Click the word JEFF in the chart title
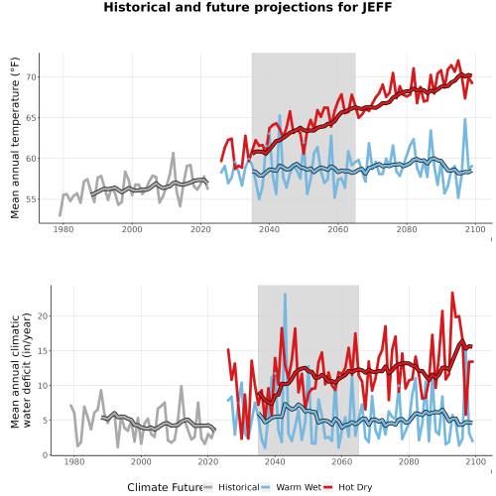click(x=377, y=7)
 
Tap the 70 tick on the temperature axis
click(x=31, y=77)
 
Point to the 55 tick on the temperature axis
click(x=31, y=199)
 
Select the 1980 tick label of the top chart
click(x=63, y=229)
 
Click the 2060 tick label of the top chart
click(x=338, y=229)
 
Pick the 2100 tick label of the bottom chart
click(x=475, y=461)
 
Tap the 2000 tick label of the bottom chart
click(x=141, y=461)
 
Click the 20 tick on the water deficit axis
click(x=43, y=316)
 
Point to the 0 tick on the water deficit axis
click(x=46, y=455)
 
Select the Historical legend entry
click(x=231, y=487)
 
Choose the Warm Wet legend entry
click(x=291, y=487)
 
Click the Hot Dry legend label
click(x=355, y=487)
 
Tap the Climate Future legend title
click(x=165, y=487)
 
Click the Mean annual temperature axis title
click(x=15, y=138)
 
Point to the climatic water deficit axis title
click(x=21, y=370)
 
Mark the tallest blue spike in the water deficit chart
click(x=285, y=294)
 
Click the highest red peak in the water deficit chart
click(x=452, y=293)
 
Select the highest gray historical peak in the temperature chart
click(x=173, y=153)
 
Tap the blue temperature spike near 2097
click(x=465, y=119)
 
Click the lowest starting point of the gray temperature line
click(x=60, y=215)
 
